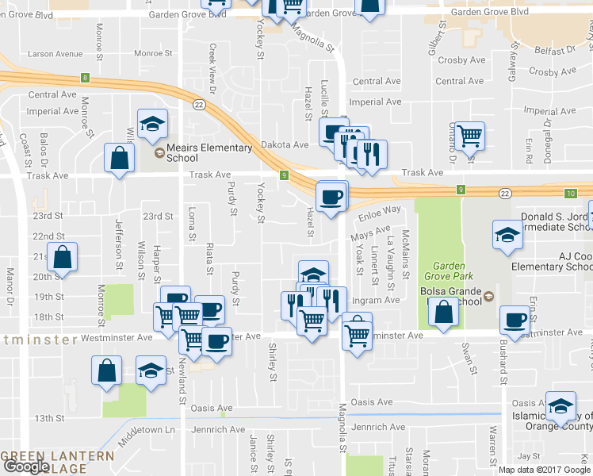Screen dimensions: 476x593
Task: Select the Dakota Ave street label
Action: pyautogui.click(x=285, y=145)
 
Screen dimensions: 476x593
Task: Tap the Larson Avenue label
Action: pyautogui.click(x=55, y=54)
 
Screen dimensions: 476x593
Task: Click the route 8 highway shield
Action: pyautogui.click(x=84, y=78)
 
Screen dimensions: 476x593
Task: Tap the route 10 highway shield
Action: pyautogui.click(x=571, y=194)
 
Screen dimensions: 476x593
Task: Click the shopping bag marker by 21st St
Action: pyautogui.click(x=62, y=257)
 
